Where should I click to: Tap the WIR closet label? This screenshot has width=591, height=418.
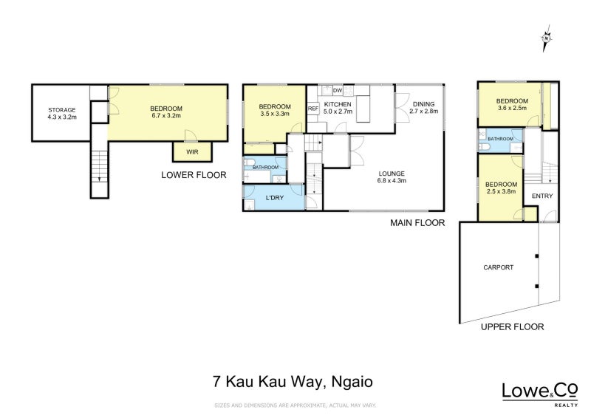click(191, 152)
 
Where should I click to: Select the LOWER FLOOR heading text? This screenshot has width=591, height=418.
click(194, 175)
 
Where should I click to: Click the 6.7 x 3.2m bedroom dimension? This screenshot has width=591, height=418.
click(166, 115)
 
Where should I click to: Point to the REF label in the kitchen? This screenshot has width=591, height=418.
click(312, 109)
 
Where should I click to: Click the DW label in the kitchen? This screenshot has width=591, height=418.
click(338, 90)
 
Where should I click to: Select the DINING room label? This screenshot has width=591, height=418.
click(425, 103)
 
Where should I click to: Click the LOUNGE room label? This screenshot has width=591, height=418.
click(392, 174)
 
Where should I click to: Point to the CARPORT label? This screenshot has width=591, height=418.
click(498, 267)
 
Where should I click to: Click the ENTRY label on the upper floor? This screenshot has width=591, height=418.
click(542, 196)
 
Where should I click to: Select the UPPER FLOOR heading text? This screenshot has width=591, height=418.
click(512, 326)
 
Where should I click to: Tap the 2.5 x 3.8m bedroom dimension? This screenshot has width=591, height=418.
click(499, 189)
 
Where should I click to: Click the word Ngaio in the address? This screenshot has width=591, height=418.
click(354, 382)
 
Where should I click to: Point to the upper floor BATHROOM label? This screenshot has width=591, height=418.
click(500, 139)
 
